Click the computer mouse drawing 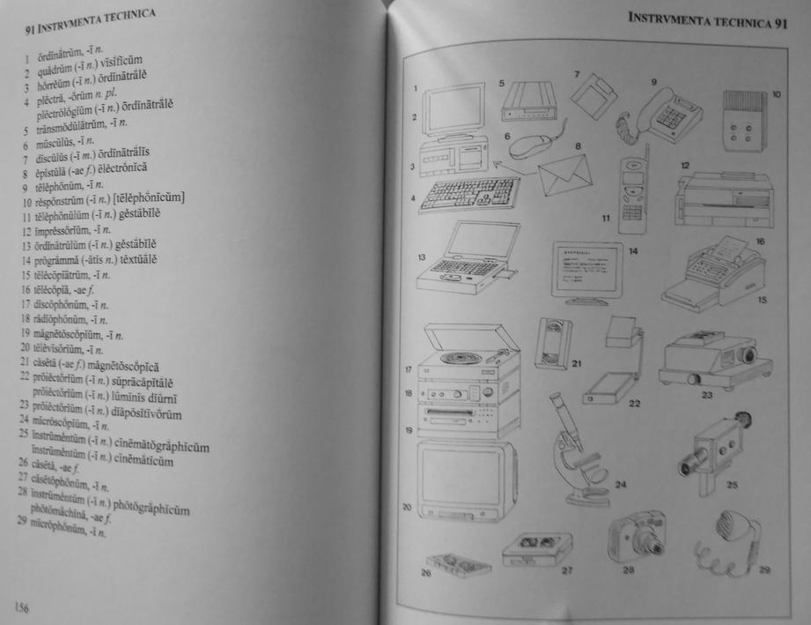(528, 147)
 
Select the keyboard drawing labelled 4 (469, 194)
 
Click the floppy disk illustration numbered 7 (593, 98)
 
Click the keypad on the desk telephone (675, 117)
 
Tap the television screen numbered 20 (460, 480)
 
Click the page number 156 (24, 606)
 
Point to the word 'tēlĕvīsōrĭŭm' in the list (72, 349)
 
